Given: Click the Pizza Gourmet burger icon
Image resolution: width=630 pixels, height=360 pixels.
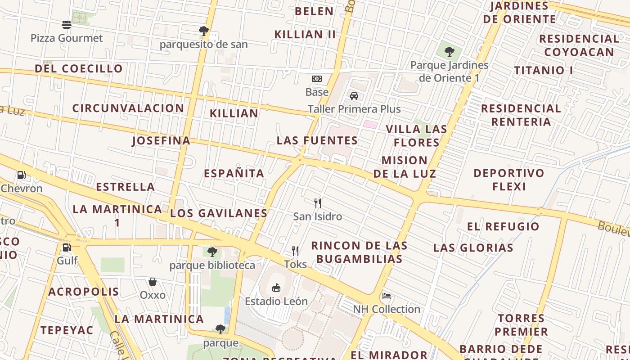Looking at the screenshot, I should [x=67, y=25].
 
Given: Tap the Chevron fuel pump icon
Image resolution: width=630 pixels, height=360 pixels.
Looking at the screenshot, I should [x=21, y=175].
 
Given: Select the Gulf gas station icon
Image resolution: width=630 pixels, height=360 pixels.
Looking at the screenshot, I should [x=67, y=247].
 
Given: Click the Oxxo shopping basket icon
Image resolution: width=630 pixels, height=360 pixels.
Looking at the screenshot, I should [x=153, y=282].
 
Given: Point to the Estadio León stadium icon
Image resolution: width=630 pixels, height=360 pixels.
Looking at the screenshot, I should [x=276, y=288].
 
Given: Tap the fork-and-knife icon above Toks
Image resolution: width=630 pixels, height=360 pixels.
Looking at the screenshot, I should [x=295, y=251].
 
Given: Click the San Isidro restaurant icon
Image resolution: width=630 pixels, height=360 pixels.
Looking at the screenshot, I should [x=318, y=203].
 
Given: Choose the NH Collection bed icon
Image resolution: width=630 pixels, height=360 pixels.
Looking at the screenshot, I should [x=386, y=296].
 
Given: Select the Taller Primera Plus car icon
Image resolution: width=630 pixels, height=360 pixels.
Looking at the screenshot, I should [x=354, y=96].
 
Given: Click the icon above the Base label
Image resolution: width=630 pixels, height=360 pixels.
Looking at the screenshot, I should [x=317, y=79].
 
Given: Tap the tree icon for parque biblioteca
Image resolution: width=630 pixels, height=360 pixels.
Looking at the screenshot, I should [x=212, y=252].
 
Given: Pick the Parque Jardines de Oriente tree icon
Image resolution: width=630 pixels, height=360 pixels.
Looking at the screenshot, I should [x=449, y=52].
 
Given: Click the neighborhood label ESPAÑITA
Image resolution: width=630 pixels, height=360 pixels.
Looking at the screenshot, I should [x=234, y=173].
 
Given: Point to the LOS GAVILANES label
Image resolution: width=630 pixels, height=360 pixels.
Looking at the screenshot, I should [x=219, y=213].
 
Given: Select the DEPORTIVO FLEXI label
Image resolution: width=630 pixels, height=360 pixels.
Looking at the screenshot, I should [x=509, y=180].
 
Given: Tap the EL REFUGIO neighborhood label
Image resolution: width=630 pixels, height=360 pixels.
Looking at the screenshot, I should [x=503, y=226].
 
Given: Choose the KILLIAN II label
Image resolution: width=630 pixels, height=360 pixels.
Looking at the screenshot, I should [x=305, y=34].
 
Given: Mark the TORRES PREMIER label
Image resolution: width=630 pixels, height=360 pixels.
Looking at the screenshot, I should [x=522, y=325].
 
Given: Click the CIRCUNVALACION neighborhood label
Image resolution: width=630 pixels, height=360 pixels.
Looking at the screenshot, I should [x=128, y=108].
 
